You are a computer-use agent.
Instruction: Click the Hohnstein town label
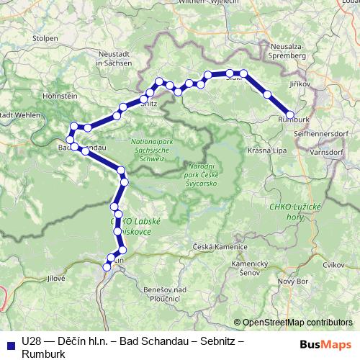[60, 95]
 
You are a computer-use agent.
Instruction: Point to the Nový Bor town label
[292, 281]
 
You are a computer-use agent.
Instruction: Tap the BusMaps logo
[325, 344]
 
